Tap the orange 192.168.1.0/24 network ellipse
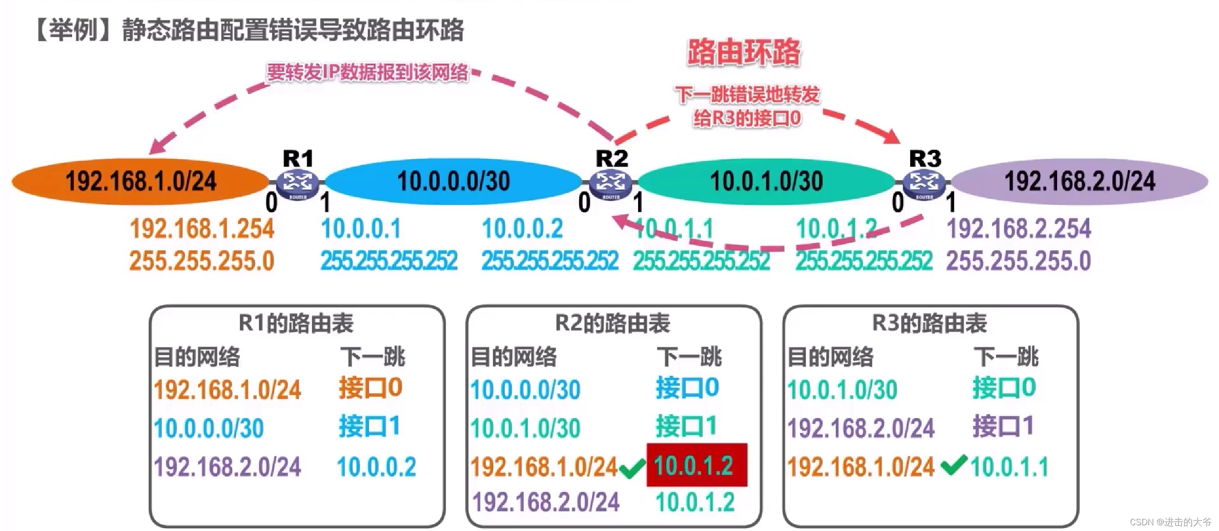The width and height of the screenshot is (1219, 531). coord(140,182)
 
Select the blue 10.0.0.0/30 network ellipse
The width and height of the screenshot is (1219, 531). coord(453,182)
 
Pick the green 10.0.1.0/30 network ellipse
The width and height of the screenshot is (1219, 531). coord(766,182)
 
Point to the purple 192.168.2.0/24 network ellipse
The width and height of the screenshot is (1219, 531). coord(1079,182)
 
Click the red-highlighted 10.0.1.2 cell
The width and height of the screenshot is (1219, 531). coord(696,465)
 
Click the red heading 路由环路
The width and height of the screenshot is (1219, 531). coord(744,52)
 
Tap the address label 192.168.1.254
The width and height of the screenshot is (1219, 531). coord(202,229)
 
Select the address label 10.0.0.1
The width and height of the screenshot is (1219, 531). coord(361,229)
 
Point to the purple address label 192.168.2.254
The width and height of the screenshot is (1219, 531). coord(1019,229)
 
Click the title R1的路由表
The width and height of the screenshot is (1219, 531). coord(296,323)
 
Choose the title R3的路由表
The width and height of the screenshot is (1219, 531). coord(929,323)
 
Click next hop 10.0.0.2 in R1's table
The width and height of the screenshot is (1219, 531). coord(376,467)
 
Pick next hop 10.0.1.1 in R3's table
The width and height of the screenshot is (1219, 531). coord(1009,467)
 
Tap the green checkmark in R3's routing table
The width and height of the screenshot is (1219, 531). coord(954,464)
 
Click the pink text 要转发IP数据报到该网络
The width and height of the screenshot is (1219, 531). coord(368,72)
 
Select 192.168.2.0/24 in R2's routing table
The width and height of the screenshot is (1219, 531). coord(546,502)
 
